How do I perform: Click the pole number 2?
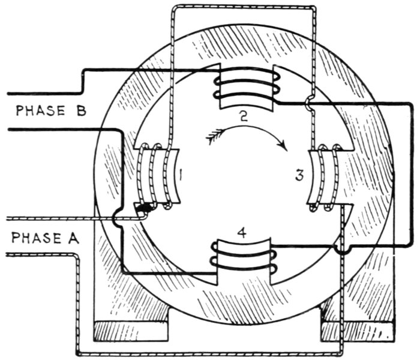(242, 116)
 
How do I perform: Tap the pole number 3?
(299, 176)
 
